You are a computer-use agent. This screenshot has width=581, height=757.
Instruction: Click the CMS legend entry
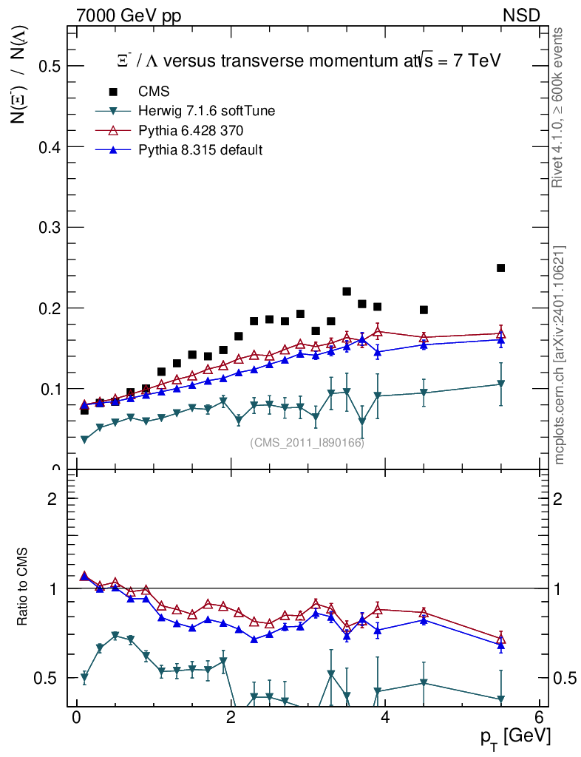[x=154, y=92]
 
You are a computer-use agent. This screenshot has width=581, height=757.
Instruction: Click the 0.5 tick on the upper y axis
[x=50, y=67]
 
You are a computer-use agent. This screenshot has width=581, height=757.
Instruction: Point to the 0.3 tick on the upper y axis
[x=50, y=228]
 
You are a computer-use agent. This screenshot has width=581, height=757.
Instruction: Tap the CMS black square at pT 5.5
[x=500, y=268]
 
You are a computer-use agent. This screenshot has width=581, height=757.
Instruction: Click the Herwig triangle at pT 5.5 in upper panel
[x=500, y=384]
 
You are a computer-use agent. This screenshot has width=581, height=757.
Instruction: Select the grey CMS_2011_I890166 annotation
[x=307, y=442]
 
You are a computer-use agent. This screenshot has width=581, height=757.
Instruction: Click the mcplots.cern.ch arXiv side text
[x=560, y=355]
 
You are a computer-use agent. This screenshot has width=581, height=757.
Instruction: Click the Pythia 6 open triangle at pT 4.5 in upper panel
[x=424, y=337]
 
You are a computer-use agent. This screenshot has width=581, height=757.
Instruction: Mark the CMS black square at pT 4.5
[x=424, y=310]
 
